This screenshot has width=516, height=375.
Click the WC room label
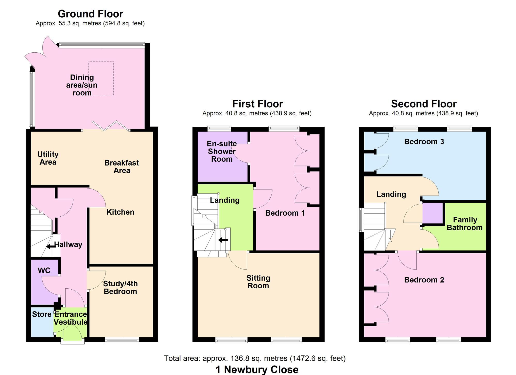coord(44,271)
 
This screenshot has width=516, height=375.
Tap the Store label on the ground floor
coord(42,314)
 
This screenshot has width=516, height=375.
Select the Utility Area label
coord(48,158)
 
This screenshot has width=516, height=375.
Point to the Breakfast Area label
coord(122,167)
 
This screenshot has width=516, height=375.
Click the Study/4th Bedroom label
coord(120,288)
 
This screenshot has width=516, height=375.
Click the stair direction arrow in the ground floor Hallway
coord(51,247)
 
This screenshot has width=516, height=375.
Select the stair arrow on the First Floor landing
coord(223,240)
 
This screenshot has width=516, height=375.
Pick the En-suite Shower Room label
coord(222,151)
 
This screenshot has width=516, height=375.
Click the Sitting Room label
coord(258,282)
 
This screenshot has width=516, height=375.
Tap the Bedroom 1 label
coord(285,213)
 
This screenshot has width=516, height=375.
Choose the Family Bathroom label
coord(465,224)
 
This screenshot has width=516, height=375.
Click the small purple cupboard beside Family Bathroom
coord(433,213)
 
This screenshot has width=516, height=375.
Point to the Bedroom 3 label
coord(424,142)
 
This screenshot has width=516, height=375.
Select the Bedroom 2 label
coord(424,280)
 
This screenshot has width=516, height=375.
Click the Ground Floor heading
coord(90,14)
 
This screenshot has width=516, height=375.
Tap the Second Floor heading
coord(424,104)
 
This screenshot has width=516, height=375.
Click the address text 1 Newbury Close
coord(257,370)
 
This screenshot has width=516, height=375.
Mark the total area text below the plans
coord(255,358)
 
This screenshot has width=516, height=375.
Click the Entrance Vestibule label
coord(70,318)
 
